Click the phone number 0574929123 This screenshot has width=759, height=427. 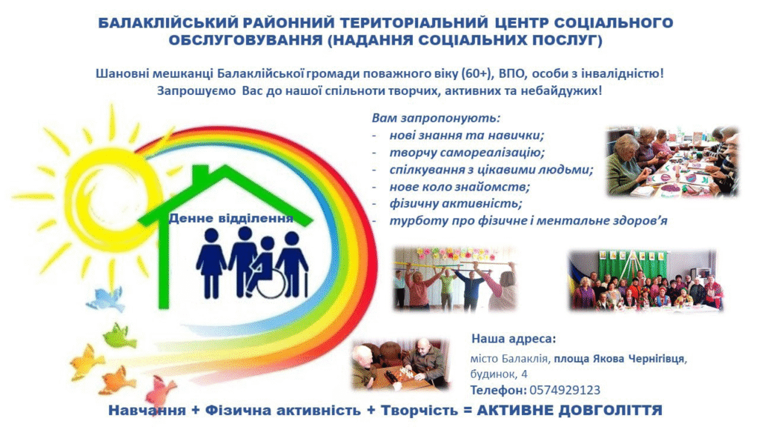(x=565, y=390)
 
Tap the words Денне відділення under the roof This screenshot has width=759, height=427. (x=231, y=219)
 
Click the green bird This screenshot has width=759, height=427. (x=119, y=336)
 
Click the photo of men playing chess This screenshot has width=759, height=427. (x=400, y=364)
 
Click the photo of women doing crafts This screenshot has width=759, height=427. (x=673, y=161)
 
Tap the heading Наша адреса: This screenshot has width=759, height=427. (x=514, y=338)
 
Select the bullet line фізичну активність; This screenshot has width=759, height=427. (x=456, y=203)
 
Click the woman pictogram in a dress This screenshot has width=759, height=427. (x=211, y=263)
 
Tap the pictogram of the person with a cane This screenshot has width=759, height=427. (x=292, y=265)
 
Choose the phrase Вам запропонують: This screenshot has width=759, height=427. (x=436, y=118)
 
